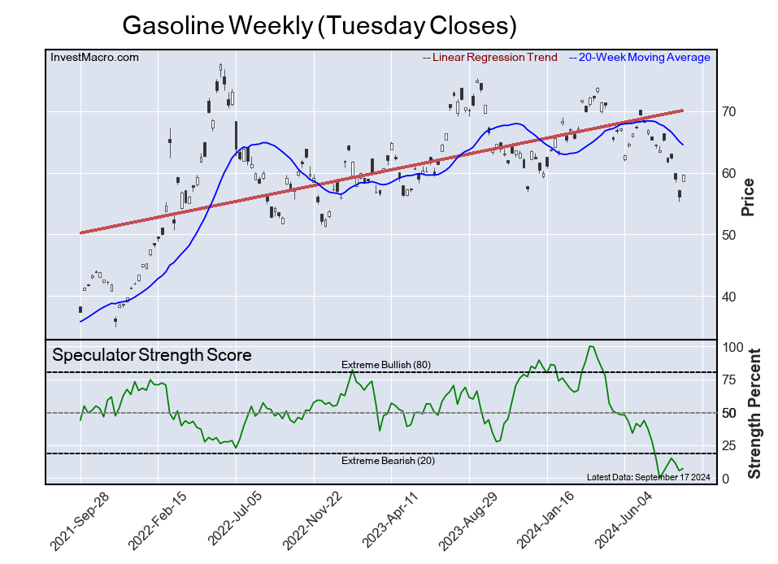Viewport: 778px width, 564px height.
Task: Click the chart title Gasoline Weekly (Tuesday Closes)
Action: (319, 26)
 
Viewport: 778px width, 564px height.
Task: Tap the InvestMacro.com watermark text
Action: (94, 58)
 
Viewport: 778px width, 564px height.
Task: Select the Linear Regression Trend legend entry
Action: (490, 58)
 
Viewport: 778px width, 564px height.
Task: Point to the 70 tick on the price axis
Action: (729, 111)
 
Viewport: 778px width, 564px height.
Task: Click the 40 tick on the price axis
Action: (729, 297)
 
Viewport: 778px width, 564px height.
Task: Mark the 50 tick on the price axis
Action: (729, 235)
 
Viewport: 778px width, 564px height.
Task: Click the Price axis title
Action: (748, 197)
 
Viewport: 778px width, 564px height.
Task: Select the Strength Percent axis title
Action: (754, 413)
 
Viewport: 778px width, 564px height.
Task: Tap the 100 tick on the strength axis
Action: (732, 347)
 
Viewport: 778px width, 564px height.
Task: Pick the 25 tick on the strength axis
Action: (729, 446)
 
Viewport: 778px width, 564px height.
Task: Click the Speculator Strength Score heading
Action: (151, 355)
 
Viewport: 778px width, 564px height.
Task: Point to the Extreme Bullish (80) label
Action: (385, 365)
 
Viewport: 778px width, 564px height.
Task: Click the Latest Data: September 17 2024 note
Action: (648, 477)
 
